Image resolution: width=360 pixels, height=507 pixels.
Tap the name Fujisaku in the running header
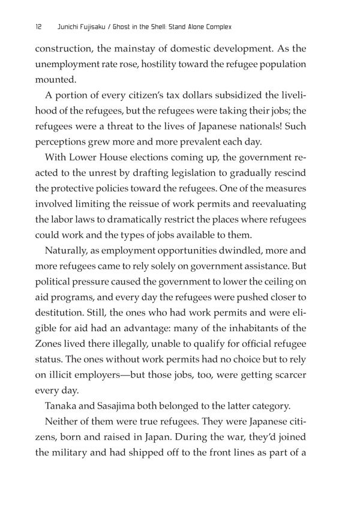[x=99, y=27]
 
